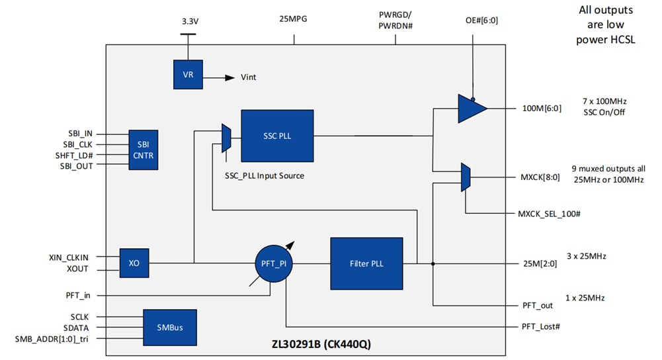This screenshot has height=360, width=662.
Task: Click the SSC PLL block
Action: click(277, 136)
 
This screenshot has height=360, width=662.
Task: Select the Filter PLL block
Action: click(366, 263)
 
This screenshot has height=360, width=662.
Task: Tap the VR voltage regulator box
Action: click(188, 75)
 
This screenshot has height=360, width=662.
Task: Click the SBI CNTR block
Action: click(144, 150)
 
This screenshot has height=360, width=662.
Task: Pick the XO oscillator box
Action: click(134, 263)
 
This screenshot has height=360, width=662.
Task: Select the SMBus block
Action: click(171, 328)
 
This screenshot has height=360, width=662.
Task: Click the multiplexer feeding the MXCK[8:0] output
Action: click(466, 177)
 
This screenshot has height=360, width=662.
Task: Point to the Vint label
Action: click(249, 77)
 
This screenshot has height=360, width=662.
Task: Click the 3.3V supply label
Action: click(190, 21)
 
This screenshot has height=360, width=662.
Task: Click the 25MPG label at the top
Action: click(293, 19)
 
